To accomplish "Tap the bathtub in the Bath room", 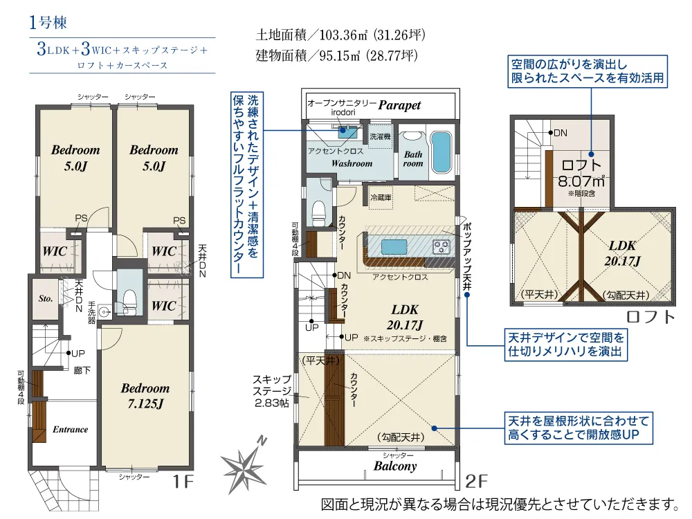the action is click(x=441, y=152).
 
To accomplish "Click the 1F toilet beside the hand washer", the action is click(x=129, y=302).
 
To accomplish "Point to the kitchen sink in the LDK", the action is click(x=394, y=247).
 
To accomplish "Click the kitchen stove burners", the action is click(x=441, y=247).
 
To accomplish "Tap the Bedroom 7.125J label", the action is click(x=145, y=396).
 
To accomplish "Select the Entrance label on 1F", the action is click(x=70, y=430).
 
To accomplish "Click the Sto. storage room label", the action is click(x=46, y=299).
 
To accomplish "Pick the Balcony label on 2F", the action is click(x=395, y=466).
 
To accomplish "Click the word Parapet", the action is click(x=399, y=105).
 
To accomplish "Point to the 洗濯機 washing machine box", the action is click(x=380, y=137).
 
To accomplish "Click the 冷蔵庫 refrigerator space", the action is click(x=381, y=197).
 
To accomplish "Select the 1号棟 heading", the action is click(x=48, y=22).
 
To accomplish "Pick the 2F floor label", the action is click(x=476, y=481).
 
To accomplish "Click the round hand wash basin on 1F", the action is click(x=104, y=312).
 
